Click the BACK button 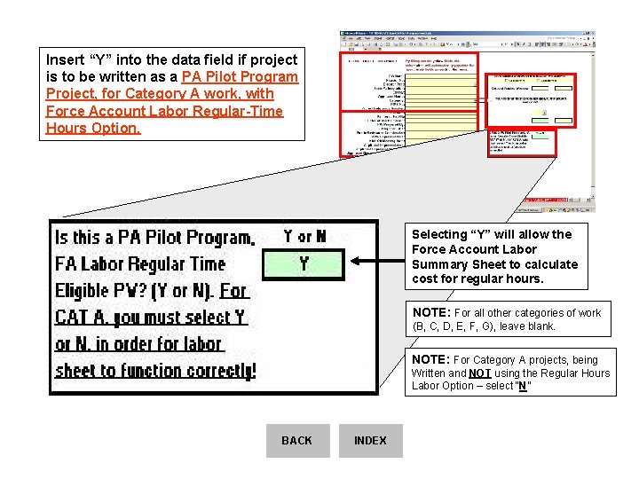click(296, 441)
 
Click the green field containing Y click(304, 263)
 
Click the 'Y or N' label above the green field click(304, 236)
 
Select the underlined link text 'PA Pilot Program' click(240, 76)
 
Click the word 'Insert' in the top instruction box click(66, 59)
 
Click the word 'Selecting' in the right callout click(438, 234)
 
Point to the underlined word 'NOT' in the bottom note click(480, 373)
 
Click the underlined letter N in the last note click(524, 387)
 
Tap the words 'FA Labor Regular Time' click(140, 263)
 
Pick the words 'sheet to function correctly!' click(155, 370)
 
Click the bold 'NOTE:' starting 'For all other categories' click(431, 313)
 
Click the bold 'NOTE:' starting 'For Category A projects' click(431, 360)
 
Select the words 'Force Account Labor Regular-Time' click(164, 111)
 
